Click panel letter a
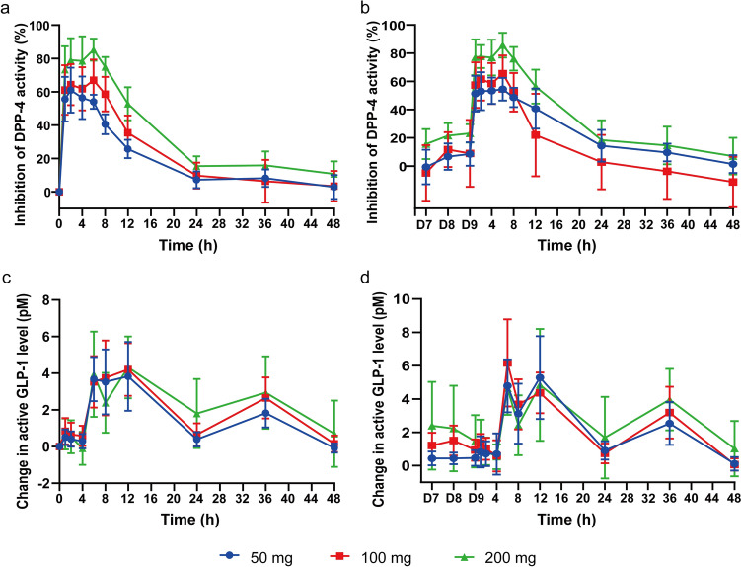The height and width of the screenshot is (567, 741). coord(7,8)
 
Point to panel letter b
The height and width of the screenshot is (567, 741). coord(389,8)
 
